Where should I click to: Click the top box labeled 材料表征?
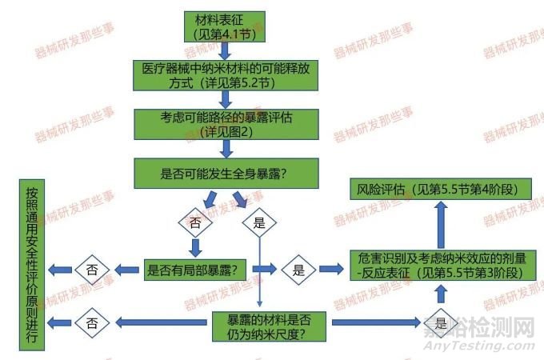point(225,26)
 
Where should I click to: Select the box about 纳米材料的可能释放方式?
point(226,76)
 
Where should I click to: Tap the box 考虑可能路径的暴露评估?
point(226,125)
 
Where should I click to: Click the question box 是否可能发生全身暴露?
point(226,174)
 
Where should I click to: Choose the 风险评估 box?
point(441,189)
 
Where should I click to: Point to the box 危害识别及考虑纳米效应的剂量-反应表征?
point(442,266)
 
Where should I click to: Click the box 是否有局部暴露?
point(195,270)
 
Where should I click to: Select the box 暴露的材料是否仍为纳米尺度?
point(269,326)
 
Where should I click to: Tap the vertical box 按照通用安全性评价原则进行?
point(32,265)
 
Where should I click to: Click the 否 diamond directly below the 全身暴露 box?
point(195,222)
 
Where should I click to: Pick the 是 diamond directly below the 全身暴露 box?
point(259,222)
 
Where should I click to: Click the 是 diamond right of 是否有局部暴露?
point(298,270)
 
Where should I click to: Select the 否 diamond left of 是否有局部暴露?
point(92,270)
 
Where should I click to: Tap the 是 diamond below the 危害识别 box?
point(441,323)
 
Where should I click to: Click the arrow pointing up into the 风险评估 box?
point(441,225)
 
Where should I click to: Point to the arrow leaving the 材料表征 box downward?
point(225,51)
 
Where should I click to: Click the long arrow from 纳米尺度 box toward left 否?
point(162,322)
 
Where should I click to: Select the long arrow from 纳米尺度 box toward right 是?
point(377,322)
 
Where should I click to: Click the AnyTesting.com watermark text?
point(479,346)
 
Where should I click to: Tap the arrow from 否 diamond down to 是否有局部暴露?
point(195,248)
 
